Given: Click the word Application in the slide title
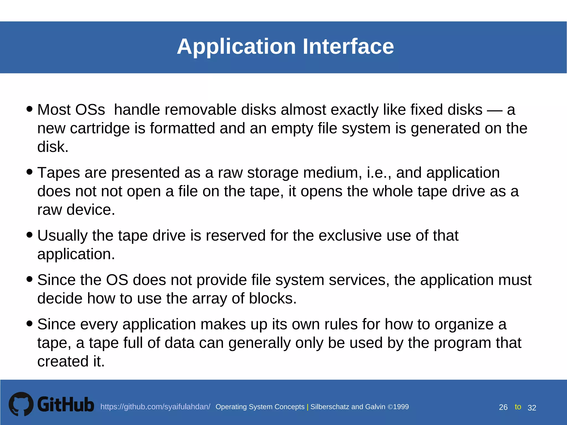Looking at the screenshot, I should [236, 46].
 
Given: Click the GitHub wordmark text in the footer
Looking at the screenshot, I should [66, 405].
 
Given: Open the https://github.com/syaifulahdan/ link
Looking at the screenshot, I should [155, 407].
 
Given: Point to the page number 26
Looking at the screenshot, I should [503, 407].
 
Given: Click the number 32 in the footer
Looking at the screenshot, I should [532, 408].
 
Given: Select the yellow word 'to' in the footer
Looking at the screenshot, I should [518, 407].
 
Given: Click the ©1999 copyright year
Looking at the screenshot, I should [398, 407].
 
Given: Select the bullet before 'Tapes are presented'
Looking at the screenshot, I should [29, 172].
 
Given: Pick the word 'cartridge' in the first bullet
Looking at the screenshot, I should [100, 129].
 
